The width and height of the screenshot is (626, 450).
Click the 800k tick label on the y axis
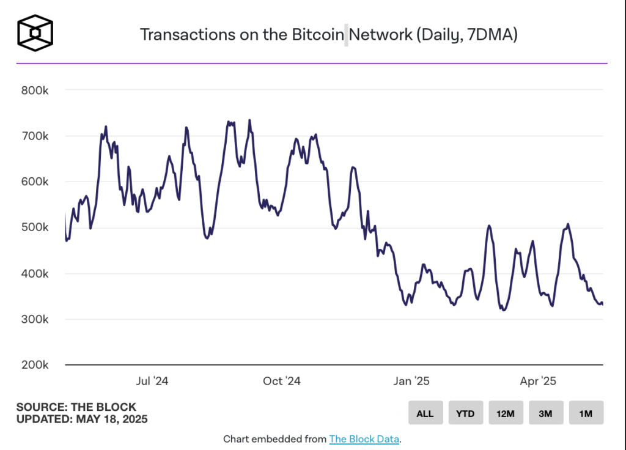click(35, 90)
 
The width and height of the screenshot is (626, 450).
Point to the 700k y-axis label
click(35, 136)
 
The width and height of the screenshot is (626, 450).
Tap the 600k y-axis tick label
click(35, 182)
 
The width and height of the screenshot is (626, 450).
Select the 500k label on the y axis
click(35, 227)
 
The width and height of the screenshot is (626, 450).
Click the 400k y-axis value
click(35, 273)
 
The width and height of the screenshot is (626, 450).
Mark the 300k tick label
click(35, 319)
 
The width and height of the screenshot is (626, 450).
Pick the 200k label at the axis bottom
click(35, 365)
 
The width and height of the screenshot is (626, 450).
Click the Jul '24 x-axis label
click(152, 382)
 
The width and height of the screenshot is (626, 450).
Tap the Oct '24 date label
click(282, 382)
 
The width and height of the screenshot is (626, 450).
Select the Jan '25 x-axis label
click(411, 382)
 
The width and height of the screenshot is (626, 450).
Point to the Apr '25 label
click(539, 382)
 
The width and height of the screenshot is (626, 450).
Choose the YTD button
click(465, 413)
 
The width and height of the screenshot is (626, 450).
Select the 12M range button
click(506, 413)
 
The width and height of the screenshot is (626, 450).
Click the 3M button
click(546, 413)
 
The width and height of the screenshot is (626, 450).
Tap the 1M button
click(586, 413)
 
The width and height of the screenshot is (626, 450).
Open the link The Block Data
click(364, 439)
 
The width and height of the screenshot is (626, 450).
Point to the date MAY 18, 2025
click(112, 419)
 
